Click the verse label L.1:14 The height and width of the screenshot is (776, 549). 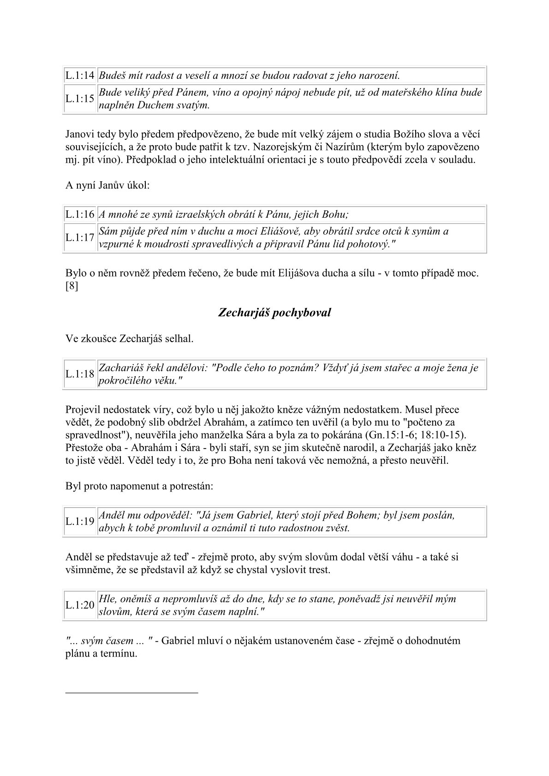tap(80, 75)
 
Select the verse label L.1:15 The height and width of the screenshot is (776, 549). tap(80, 98)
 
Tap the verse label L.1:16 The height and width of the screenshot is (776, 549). tap(80, 214)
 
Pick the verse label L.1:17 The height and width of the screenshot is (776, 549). tap(80, 237)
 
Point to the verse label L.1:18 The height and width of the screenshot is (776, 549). tap(80, 374)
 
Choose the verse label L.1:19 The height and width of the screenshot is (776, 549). tap(80, 521)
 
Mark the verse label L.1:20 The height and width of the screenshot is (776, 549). tap(80, 605)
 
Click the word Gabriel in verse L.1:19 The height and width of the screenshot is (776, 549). tap(256, 515)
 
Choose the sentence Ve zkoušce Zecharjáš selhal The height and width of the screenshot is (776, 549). tap(129, 339)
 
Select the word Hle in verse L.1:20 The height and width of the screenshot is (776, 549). tap(107, 599)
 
